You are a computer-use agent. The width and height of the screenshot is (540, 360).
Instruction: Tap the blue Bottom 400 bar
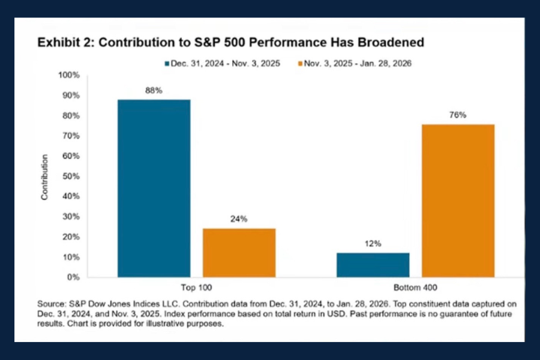tap(373, 265)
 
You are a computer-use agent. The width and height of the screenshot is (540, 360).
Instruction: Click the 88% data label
tap(154, 90)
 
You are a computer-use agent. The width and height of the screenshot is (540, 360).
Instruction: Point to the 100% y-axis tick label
tap(68, 75)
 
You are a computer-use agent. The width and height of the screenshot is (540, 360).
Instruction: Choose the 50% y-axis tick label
tap(70, 176)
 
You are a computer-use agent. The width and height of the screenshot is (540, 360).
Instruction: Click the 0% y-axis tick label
tap(73, 277)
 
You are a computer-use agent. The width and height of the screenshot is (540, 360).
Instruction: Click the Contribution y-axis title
tap(44, 177)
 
